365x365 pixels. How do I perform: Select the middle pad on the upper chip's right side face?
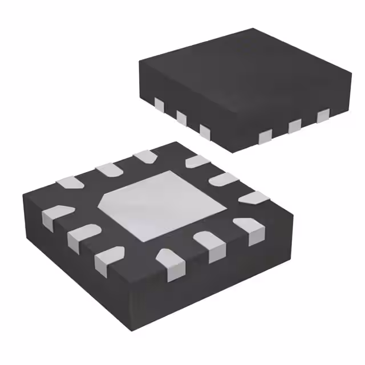pos(295,125)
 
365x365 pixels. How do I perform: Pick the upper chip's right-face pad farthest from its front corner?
pos(323,116)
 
